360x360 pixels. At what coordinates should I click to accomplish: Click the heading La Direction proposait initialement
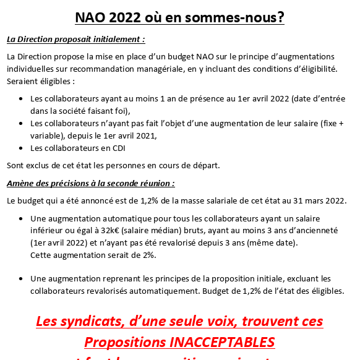75,40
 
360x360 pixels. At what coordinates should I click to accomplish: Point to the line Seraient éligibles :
40,81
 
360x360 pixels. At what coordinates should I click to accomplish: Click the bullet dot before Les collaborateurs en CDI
22,148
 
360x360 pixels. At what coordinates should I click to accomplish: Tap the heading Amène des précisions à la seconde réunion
90,184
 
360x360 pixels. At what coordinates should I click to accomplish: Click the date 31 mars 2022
319,200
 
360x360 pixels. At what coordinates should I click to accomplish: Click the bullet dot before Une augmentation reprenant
22,279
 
